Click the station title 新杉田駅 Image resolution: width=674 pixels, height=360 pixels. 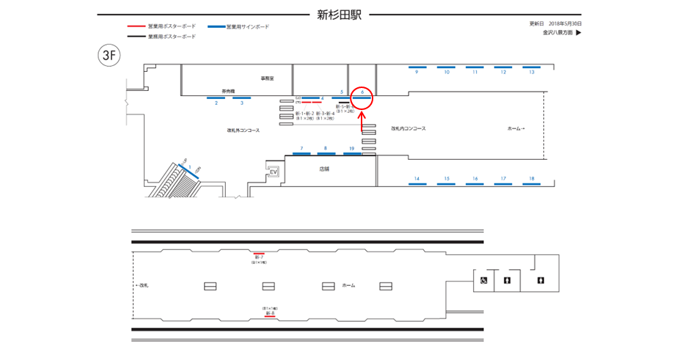pos(339,13)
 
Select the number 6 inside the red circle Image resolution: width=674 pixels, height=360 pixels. pos(362,92)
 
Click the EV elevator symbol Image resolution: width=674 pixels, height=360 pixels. pos(274,172)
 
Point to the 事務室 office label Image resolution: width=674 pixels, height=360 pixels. pos(266,78)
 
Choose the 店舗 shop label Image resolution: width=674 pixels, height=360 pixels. pos(324,168)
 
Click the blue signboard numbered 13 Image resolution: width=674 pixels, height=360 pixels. pos(531,67)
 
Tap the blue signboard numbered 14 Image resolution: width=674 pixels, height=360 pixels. pos(417,184)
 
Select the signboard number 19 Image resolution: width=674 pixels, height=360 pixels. pos(352,149)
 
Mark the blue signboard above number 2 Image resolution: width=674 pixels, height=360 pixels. pos(216,98)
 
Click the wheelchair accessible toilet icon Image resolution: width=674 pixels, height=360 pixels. pos(483,280)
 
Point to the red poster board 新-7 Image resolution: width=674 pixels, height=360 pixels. pos(259,253)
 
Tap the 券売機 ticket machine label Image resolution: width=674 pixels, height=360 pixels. pos(228,91)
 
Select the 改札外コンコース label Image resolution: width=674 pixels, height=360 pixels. pos(243,130)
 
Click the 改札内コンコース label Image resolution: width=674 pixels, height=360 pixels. pos(409,128)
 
